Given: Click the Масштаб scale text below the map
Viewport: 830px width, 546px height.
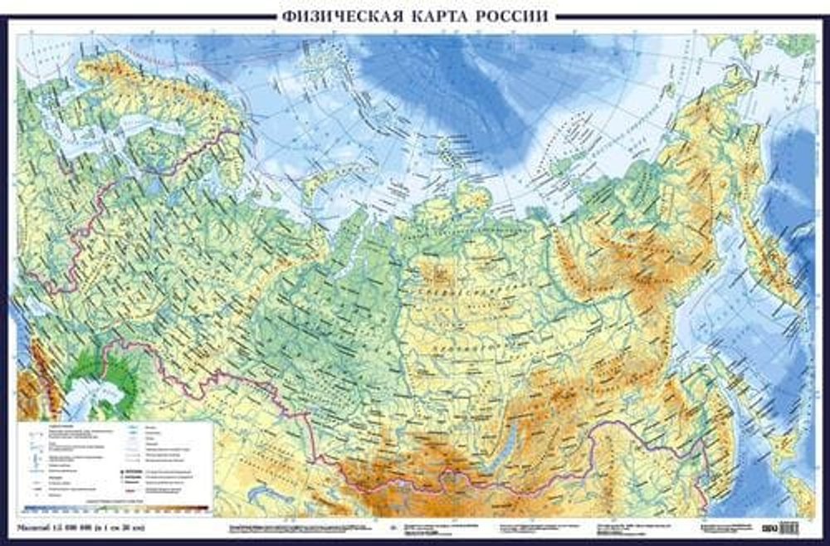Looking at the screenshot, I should tap(79, 527).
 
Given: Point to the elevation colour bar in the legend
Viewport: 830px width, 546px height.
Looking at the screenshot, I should tap(116, 508).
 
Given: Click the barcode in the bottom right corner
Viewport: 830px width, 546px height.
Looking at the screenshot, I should tap(788, 526).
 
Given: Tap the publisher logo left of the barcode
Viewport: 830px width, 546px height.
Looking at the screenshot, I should tap(769, 526).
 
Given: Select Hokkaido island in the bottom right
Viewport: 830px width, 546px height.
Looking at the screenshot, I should tap(776, 448).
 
